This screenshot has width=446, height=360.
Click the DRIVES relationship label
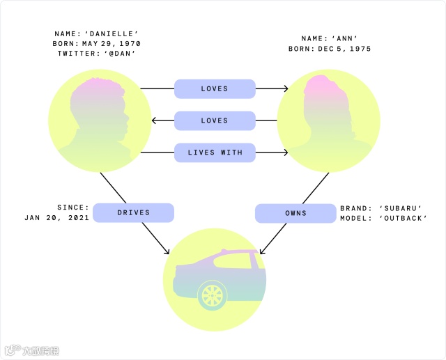pyautogui.click(x=133, y=212)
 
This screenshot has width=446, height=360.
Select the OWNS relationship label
pyautogui.click(x=295, y=212)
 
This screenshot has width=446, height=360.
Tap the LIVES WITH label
pyautogui.click(x=215, y=152)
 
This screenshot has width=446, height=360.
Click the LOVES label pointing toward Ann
pyautogui.click(x=215, y=88)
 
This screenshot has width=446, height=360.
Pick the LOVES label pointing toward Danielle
pyautogui.click(x=215, y=120)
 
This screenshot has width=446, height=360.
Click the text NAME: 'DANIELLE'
pyautogui.click(x=96, y=33)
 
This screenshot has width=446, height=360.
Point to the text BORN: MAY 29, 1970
pyautogui.click(x=96, y=42)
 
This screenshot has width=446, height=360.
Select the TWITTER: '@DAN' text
pyautogui.click(x=96, y=52)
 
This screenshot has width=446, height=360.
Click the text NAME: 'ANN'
pyautogui.click(x=330, y=40)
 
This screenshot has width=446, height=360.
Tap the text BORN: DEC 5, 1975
pyautogui.click(x=330, y=49)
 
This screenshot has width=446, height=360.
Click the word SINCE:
pyautogui.click(x=73, y=207)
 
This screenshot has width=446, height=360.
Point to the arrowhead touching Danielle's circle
pyautogui.click(x=155, y=120)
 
